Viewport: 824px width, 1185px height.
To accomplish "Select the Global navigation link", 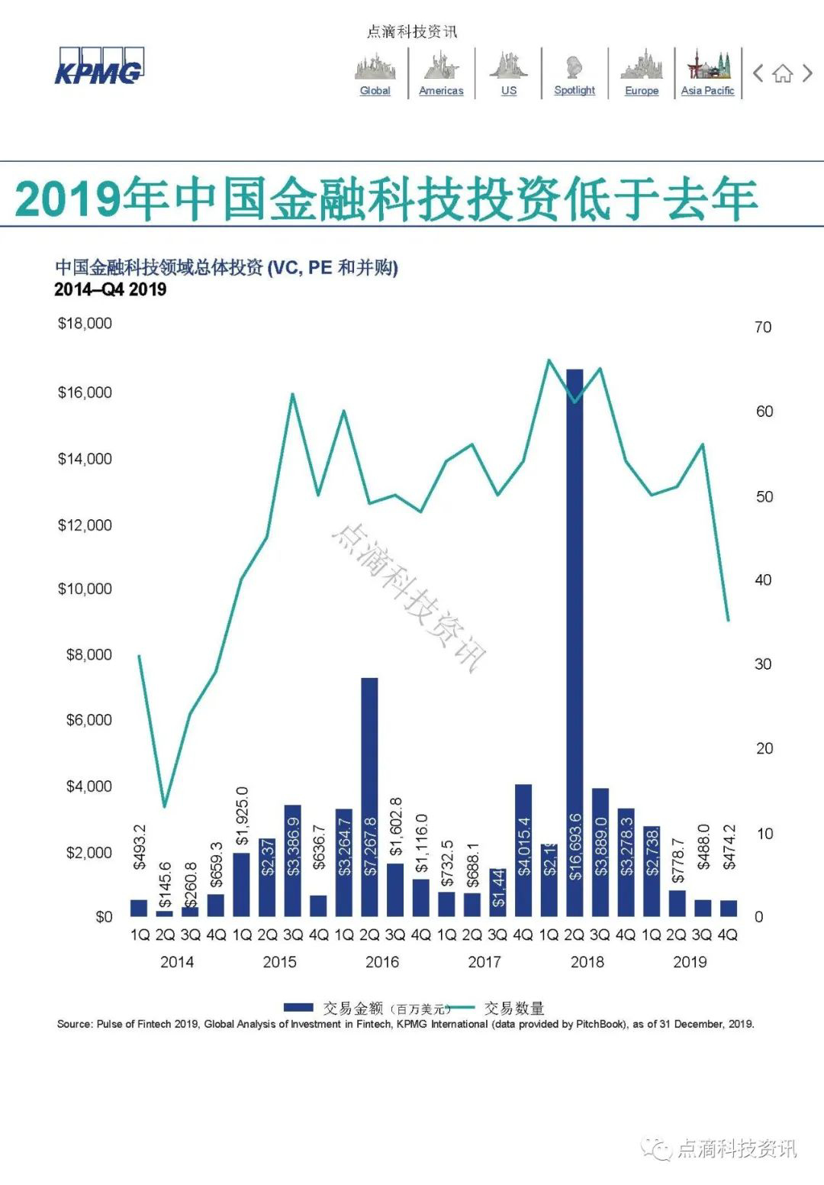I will (375, 90).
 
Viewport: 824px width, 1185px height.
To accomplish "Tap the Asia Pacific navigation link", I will (707, 90).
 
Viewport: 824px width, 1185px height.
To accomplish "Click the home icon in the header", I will (782, 74).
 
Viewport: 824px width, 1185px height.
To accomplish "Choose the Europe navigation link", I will (642, 90).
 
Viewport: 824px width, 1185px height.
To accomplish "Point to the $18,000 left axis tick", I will (85, 324).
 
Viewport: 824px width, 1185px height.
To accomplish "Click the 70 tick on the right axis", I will (763, 328).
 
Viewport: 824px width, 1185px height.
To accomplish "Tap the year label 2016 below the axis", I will (382, 962).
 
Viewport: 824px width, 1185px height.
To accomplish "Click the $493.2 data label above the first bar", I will (139, 847).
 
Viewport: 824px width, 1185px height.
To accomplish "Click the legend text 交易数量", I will (514, 1008).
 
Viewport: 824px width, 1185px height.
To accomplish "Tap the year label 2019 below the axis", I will (690, 962).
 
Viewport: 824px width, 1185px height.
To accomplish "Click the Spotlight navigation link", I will (575, 90).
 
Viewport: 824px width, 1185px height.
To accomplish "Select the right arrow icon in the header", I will (807, 73).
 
